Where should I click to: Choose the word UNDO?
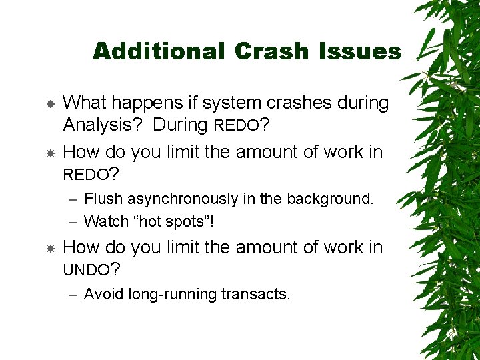point(85,271)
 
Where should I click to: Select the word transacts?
point(257,294)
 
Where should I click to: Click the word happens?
point(141,103)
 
